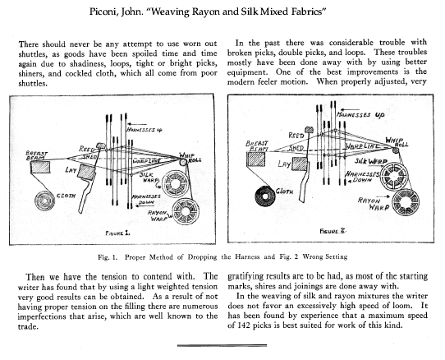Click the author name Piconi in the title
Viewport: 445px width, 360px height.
click(103, 12)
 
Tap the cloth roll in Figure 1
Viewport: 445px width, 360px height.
click(44, 201)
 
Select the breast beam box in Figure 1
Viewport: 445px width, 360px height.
click(40, 167)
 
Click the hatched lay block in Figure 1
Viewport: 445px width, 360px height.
click(86, 172)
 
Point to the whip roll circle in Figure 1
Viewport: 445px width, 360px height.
click(183, 162)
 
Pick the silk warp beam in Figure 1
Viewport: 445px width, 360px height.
click(176, 183)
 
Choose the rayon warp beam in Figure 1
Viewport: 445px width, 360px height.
click(186, 212)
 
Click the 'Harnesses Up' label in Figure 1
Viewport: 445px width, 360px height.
click(144, 130)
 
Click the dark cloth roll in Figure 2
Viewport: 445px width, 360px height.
click(265, 196)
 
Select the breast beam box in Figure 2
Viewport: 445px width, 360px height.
click(256, 159)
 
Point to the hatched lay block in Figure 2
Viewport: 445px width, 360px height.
click(300, 164)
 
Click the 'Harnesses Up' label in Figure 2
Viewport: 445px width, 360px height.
click(360, 115)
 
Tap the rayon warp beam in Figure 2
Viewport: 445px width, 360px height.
click(406, 202)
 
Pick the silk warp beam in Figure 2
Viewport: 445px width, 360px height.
click(394, 177)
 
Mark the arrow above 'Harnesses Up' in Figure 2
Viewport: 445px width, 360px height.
click(351, 109)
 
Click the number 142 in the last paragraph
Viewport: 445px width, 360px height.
click(244, 325)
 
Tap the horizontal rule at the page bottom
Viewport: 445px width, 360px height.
click(222, 345)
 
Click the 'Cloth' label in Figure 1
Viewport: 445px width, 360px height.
click(67, 196)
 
